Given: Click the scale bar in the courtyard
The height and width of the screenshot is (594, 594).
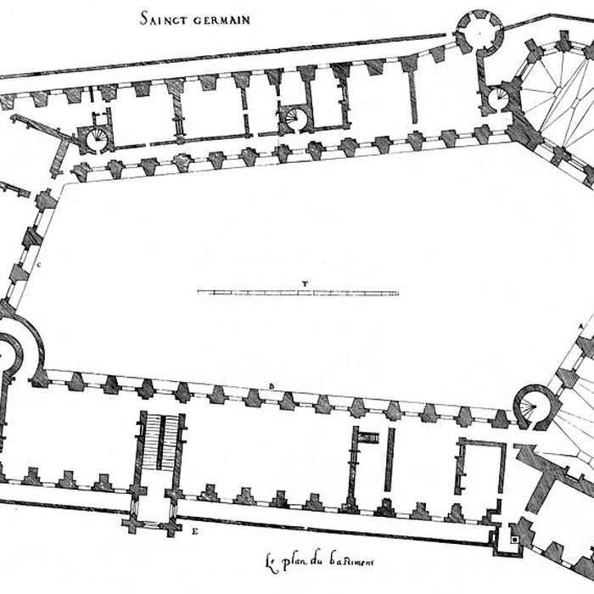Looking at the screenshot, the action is click(298, 293).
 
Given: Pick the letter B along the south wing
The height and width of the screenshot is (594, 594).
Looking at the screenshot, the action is click(271, 387).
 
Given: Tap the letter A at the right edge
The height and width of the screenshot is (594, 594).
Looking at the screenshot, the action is click(580, 326).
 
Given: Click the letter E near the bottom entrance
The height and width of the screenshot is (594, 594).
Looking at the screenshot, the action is click(195, 532).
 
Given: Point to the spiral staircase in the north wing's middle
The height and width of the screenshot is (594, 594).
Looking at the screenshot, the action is click(298, 115).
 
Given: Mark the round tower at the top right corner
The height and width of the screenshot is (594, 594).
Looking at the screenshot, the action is click(479, 30).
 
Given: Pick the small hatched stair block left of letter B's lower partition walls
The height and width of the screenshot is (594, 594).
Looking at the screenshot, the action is click(367, 437).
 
